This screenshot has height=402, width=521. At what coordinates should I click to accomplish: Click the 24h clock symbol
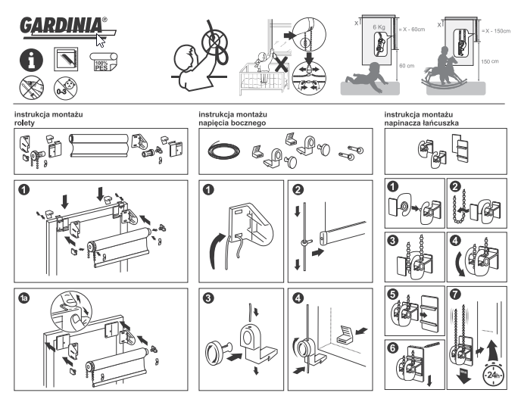pyautogui.click(x=494, y=372)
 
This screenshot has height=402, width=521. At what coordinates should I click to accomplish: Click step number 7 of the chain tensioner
pyautogui.click(x=453, y=292)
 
